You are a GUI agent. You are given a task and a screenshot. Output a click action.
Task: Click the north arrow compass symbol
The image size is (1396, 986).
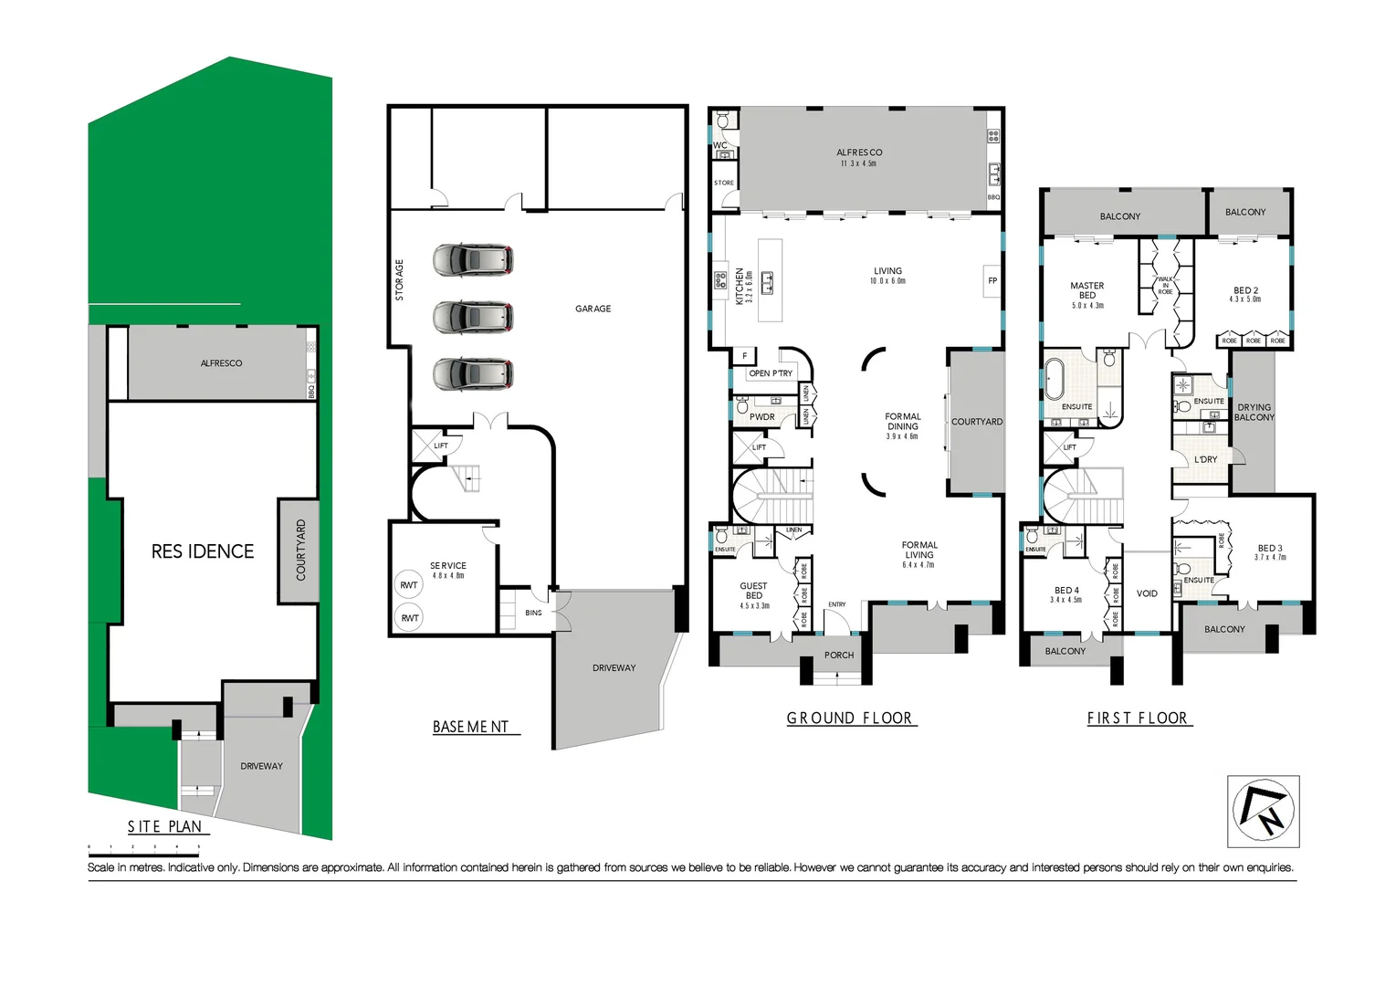pos(1263,811)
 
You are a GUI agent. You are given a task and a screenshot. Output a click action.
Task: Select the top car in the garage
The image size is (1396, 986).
pos(472,260)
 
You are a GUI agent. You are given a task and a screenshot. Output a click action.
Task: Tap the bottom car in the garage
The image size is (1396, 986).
pos(472,374)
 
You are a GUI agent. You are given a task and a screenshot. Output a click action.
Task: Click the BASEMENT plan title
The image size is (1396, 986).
pos(471,727)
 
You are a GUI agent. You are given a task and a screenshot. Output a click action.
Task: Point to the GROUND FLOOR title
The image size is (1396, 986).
pos(850,719)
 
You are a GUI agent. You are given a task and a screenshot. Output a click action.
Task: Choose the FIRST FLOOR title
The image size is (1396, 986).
pos(1138,719)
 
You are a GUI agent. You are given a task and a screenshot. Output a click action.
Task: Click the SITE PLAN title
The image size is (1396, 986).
pos(165,826)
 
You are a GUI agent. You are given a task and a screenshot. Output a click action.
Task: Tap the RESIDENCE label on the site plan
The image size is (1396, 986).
pos(203,551)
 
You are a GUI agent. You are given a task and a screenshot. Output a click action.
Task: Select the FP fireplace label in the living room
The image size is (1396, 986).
pos(992,281)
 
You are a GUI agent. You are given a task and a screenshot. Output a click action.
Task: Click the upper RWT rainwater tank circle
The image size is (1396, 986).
pos(408,585)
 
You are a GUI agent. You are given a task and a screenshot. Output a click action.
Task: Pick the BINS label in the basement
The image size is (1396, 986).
pos(533,613)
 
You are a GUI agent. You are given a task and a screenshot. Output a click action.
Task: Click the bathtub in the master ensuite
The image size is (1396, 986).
pos(1055,376)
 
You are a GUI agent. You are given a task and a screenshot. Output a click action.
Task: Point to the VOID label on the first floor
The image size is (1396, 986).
pos(1147,593)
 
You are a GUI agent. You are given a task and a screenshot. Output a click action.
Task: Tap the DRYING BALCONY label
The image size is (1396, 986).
pos(1254,413)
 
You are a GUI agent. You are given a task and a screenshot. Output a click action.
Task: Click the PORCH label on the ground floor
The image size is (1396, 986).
pos(839,655)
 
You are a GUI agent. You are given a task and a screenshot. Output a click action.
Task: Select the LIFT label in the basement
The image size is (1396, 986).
pos(441,446)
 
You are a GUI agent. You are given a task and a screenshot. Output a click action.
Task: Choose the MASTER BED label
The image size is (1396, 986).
pos(1087,290)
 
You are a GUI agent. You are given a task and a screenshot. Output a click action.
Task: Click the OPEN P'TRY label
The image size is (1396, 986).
pos(771,373)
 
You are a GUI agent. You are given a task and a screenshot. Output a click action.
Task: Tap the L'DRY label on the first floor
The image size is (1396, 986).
pos(1206,459)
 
